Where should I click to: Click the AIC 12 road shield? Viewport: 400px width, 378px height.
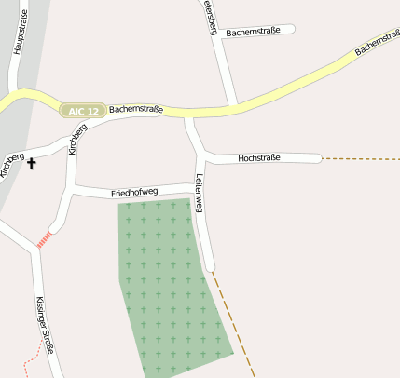(x=83, y=111)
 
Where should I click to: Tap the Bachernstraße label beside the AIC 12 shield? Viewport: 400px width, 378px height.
(x=136, y=110)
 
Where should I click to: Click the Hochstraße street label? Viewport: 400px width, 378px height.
(x=259, y=158)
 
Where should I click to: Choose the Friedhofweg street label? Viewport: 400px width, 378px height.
(x=134, y=193)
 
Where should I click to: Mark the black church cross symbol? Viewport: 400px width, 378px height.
(x=32, y=164)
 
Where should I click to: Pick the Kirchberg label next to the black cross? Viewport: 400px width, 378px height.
(x=12, y=164)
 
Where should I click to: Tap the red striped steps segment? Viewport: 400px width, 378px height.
(x=44, y=239)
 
